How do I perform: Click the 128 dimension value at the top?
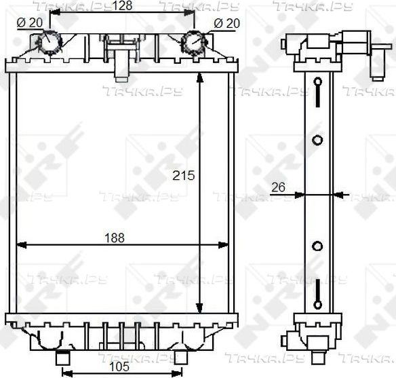tap(122, 6)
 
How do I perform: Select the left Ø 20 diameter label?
tap(30, 23)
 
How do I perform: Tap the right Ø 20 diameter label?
tap(226, 24)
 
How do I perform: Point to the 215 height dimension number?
tap(184, 175)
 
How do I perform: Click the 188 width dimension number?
tap(115, 238)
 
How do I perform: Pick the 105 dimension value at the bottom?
tap(119, 366)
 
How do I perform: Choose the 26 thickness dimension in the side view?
tap(278, 187)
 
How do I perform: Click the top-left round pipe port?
tap(49, 41)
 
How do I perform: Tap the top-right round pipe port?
tap(194, 42)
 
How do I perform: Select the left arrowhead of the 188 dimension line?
tap(21, 245)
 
